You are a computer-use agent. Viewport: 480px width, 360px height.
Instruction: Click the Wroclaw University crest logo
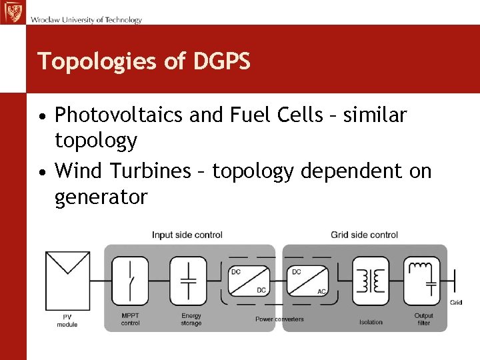coord(11,12)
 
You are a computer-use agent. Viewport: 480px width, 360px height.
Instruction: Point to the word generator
coord(101,197)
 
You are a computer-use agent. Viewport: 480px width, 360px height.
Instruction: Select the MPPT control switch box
coord(130,279)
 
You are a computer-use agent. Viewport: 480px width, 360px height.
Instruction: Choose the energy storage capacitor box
coord(189,279)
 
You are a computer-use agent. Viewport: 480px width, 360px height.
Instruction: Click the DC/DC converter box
coord(249,280)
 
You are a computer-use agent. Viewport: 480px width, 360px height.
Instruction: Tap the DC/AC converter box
coord(309,280)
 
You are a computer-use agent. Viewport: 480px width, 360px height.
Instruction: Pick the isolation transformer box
coord(370,281)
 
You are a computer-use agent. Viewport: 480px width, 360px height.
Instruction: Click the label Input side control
coord(187,235)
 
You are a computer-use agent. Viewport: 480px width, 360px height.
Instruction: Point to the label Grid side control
coord(364,235)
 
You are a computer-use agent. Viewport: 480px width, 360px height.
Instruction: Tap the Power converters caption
coord(279,319)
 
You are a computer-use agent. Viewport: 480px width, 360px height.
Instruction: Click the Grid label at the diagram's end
coord(456,303)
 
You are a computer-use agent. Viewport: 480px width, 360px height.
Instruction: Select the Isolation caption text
coord(371,322)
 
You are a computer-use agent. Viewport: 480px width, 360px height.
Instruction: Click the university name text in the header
coord(86,20)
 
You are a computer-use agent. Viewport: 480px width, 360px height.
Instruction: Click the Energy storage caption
coord(191,319)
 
